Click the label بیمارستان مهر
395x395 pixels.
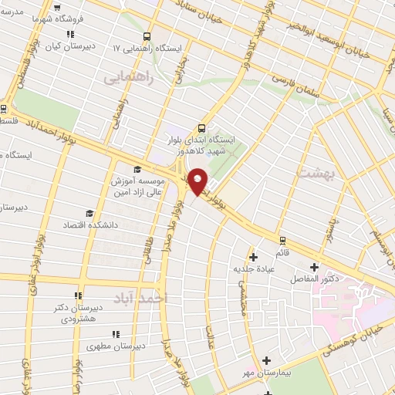pos(266,373)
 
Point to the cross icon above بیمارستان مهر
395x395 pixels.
pos(266,360)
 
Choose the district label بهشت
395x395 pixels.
pos(311,174)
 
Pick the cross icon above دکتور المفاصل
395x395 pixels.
pos(314,267)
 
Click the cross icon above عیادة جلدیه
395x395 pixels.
pos(252,256)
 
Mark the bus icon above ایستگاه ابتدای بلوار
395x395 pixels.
pos(202,128)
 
